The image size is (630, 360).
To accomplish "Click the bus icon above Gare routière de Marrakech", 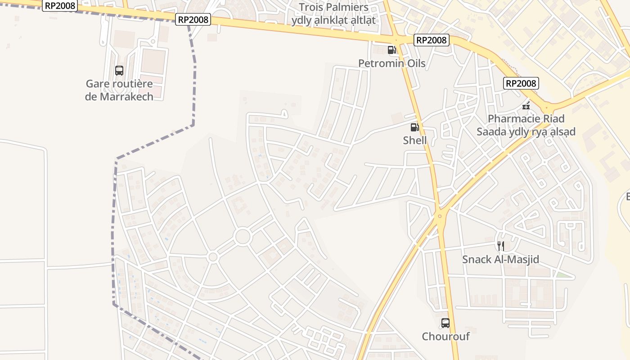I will coord(119,71).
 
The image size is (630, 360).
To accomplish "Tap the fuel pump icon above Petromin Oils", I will coord(391,50).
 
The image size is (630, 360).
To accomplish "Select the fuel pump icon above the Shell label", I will coord(414,127).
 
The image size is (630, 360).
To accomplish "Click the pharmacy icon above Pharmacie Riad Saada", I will coord(526,106).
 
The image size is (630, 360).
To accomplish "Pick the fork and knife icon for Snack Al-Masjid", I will coord(500,246).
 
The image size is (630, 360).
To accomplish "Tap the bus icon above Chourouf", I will coord(445,323).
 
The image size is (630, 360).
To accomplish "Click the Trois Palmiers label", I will coord(333,7).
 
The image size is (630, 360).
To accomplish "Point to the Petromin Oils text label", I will coord(391,63).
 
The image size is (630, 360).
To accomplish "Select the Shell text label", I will coord(414,140).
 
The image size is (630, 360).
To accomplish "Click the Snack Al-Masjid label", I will coord(500,259).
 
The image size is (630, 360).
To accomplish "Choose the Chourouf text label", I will coord(445,337).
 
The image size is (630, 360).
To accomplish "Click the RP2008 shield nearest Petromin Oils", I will coord(432,40).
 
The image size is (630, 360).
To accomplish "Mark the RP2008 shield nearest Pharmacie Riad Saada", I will coord(521,83).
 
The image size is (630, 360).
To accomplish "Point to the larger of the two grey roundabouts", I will coord(243,236).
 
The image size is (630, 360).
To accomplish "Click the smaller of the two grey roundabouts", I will coord(213,257).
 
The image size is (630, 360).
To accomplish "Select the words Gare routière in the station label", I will coord(119,84).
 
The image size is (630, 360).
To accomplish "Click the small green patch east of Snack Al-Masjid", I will coord(561,274).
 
